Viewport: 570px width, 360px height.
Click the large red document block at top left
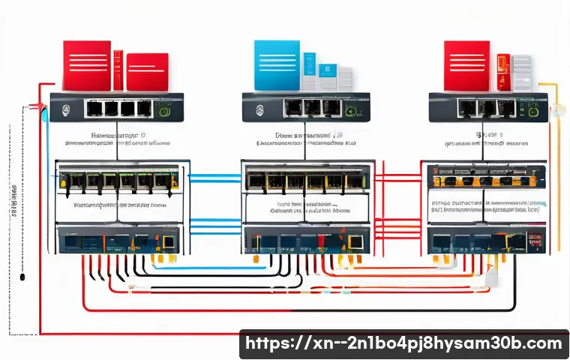86,65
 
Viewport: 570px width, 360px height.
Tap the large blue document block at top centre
277,65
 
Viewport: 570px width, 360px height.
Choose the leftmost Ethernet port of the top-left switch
94,109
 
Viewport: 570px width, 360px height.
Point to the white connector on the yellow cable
559,112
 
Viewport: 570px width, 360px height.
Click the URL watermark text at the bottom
403,344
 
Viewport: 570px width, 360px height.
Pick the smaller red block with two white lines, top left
147,72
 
